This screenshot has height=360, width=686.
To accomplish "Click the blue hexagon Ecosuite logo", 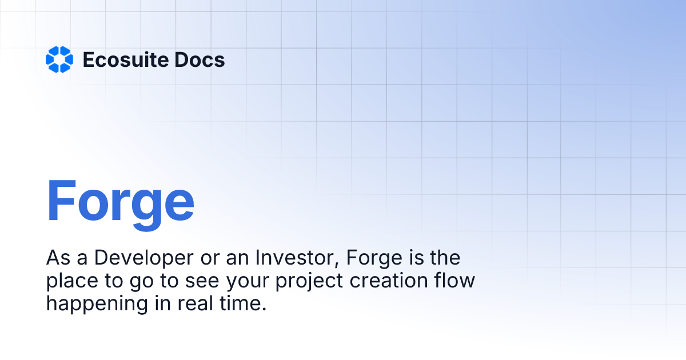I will pyautogui.click(x=59, y=59).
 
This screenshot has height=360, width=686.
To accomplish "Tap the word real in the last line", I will pyautogui.click(x=193, y=303).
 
